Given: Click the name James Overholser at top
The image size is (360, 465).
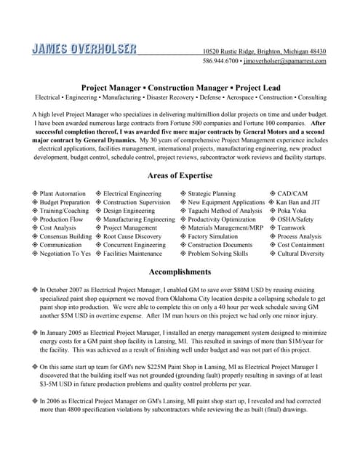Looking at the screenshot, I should pyautogui.click(x=84, y=49).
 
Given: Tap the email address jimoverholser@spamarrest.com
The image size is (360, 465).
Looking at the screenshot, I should pyautogui.click(x=284, y=62).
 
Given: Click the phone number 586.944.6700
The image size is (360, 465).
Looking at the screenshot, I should pyautogui.click(x=220, y=62).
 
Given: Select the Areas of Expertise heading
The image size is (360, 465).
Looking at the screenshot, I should pyautogui.click(x=180, y=176).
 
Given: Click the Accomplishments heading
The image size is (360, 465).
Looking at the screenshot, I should pyautogui.click(x=180, y=272).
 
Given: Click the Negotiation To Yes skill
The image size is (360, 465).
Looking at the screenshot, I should pyautogui.click(x=65, y=254).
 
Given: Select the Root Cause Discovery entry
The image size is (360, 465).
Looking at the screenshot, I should pyautogui.click(x=132, y=237).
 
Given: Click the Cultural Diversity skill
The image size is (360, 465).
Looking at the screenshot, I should pyautogui.click(x=300, y=254).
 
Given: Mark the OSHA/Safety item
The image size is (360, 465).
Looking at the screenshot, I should pyautogui.click(x=295, y=219).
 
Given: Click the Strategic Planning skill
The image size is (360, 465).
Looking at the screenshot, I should pyautogui.click(x=212, y=193).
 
